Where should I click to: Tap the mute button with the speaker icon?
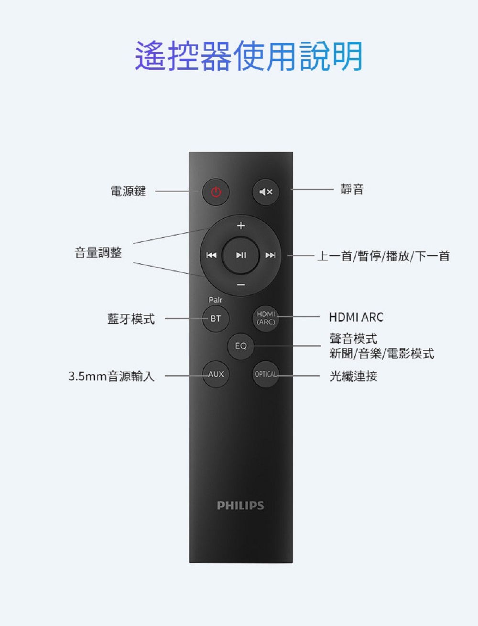pyautogui.click(x=265, y=192)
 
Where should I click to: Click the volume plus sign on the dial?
pyautogui.click(x=241, y=225)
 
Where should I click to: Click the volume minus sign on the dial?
pyautogui.click(x=241, y=285)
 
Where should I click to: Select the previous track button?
pyautogui.click(x=211, y=255)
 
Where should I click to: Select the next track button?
pyautogui.click(x=271, y=255)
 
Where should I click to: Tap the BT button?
pyautogui.click(x=216, y=318)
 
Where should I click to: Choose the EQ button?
pyautogui.click(x=240, y=345)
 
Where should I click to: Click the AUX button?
pyautogui.click(x=216, y=374)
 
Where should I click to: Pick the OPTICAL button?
pyautogui.click(x=266, y=374)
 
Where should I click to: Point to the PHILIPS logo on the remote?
pyautogui.click(x=240, y=506)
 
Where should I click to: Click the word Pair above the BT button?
pyautogui.click(x=216, y=300)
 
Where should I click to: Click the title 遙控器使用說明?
pyautogui.click(x=248, y=56)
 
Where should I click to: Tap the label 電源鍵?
pyautogui.click(x=128, y=191)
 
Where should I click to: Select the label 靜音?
pyautogui.click(x=352, y=190)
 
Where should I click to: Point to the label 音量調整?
pyautogui.click(x=98, y=252)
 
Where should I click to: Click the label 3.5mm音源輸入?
pyautogui.click(x=111, y=376)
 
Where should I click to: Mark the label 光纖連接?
pyautogui.click(x=353, y=376)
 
